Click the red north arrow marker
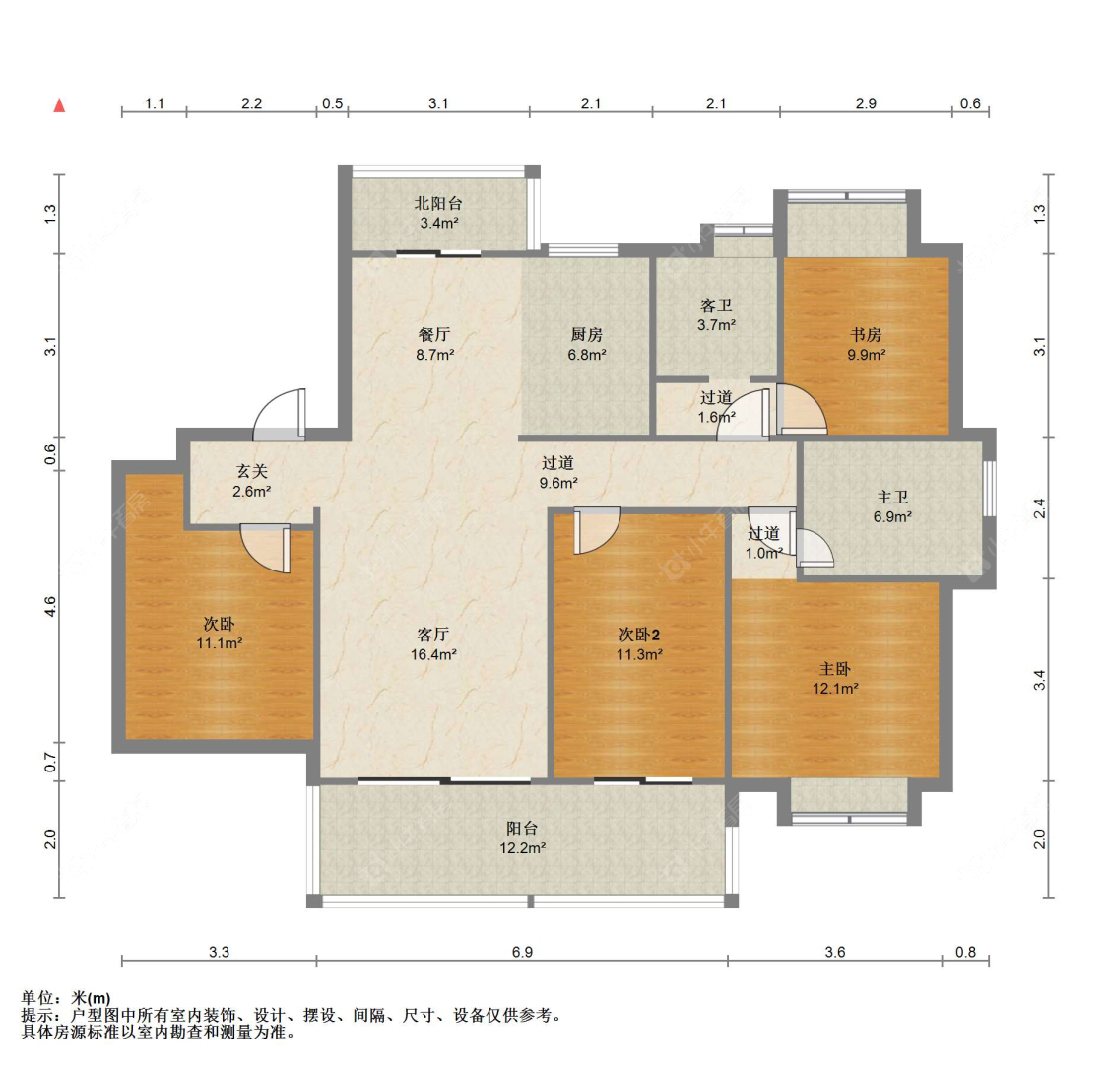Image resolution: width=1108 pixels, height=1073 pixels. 60,105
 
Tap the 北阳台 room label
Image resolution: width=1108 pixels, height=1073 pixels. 438,204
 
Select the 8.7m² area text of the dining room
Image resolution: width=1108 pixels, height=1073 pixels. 434,355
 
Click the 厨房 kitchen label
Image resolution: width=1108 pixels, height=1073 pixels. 587,334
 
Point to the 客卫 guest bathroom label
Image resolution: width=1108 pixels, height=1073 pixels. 716,305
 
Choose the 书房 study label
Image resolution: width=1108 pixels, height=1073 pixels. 866,334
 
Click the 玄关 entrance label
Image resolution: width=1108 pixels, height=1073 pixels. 251,471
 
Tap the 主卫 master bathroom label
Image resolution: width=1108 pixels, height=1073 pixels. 891,498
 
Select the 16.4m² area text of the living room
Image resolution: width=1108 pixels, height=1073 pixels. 433,654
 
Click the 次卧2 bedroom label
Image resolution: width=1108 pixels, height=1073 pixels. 639,635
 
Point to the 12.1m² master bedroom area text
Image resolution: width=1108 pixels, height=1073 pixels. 834,689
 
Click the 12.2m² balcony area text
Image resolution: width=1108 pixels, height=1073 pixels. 522,848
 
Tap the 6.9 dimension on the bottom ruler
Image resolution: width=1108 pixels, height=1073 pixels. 522,952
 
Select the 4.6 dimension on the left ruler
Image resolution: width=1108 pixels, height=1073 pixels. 50,607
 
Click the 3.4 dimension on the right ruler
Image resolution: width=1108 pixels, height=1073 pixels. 1039,681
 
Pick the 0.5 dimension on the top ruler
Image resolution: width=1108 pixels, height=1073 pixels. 332,103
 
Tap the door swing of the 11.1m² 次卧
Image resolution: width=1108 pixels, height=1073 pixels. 266,548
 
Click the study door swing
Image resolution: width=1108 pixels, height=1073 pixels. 802,409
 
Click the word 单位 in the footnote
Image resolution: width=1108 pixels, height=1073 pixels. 37,998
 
